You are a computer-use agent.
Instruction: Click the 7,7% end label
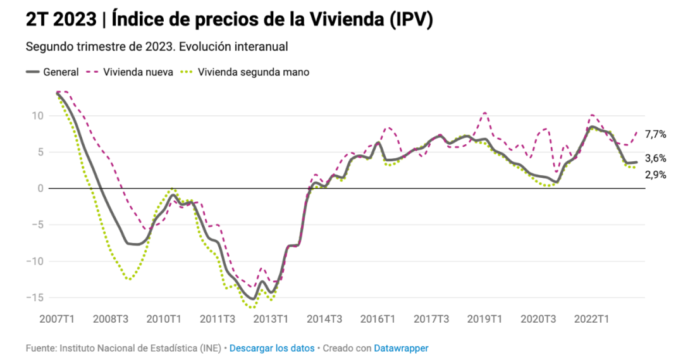pos(655,134)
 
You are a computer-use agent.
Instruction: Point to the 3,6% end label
pos(655,159)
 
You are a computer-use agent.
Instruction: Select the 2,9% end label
pos(655,175)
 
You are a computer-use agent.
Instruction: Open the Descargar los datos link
pos(271,348)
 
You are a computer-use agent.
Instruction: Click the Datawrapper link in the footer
pos(401,348)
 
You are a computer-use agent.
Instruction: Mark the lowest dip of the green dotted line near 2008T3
pos(129,278)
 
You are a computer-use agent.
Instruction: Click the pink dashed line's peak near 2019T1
pos(485,113)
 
